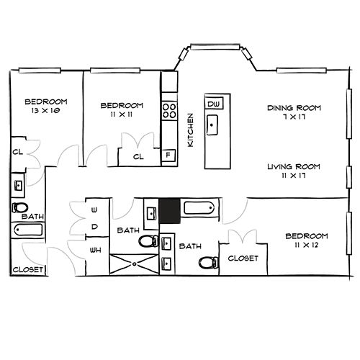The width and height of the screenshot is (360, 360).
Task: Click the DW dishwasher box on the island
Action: tap(214, 104)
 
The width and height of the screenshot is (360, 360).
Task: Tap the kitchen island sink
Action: tap(212, 125)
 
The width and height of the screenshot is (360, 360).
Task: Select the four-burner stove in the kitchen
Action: tap(169, 110)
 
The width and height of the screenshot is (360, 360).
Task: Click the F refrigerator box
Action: tap(168, 155)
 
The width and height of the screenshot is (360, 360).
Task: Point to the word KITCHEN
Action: tap(190, 130)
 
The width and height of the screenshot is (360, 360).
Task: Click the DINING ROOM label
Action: tap(294, 108)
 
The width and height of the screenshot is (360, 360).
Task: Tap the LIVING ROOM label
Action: tap(294, 166)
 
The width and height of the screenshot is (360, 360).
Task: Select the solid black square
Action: tap(170, 211)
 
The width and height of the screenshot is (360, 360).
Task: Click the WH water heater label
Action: tap(96, 251)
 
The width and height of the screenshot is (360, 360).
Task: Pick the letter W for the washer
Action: tap(94, 210)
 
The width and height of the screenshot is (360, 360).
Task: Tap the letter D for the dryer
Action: tap(94, 227)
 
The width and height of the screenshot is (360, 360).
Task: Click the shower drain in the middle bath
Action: tap(135, 264)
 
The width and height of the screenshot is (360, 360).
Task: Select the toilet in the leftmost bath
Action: tap(20, 207)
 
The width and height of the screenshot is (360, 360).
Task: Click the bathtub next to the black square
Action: tap(199, 208)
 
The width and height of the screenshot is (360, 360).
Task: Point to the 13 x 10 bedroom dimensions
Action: tap(45, 111)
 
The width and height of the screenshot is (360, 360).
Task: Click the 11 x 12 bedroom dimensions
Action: tap(307, 245)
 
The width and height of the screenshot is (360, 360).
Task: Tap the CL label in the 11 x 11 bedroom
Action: tap(138, 157)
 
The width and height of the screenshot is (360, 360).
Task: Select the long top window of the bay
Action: tap(215, 47)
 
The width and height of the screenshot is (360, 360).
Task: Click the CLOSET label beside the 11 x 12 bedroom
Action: tap(243, 258)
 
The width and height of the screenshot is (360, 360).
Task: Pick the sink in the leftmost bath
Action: tap(19, 185)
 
